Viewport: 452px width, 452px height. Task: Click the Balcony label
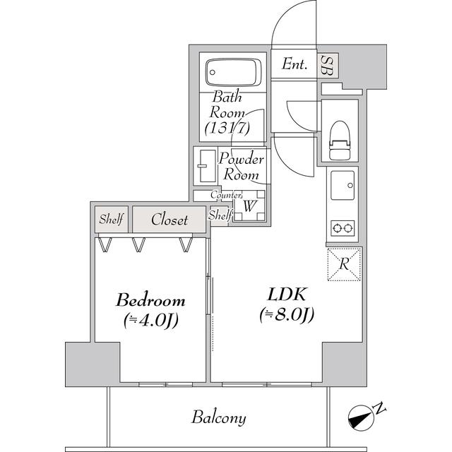(219, 418)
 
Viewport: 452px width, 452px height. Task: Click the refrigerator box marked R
(343, 264)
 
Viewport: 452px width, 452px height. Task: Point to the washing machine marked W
(249, 206)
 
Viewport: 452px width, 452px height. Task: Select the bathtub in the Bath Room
(233, 71)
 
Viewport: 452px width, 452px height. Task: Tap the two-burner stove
(343, 227)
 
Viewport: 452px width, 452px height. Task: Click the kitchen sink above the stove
(343, 186)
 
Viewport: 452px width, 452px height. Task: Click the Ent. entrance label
(295, 65)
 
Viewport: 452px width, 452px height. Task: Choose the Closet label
(169, 220)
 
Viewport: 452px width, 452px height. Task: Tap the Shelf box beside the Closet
(111, 220)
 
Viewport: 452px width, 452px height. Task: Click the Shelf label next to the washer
(220, 215)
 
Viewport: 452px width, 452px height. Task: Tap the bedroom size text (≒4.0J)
(150, 319)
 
